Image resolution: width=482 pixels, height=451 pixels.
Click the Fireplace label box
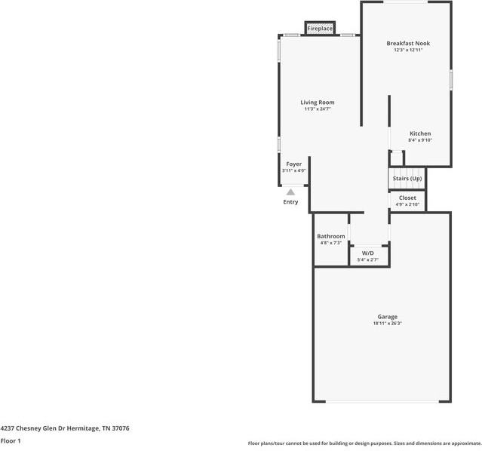click(x=320, y=29)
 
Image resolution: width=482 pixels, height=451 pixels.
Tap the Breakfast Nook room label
click(x=408, y=44)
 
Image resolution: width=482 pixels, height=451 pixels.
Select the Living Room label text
click(x=318, y=103)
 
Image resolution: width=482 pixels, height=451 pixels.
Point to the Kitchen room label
click(x=420, y=133)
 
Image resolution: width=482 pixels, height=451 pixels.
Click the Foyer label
click(x=293, y=164)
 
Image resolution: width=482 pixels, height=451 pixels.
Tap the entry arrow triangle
click(x=290, y=192)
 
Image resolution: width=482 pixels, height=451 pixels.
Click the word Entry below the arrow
click(x=290, y=202)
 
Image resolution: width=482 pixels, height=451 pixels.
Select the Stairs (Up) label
click(x=407, y=179)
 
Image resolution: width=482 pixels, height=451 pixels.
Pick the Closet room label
click(x=407, y=198)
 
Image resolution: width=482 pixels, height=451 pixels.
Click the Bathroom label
click(x=331, y=236)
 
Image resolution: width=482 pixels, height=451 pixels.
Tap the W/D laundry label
click(x=368, y=253)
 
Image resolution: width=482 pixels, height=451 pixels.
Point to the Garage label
click(x=388, y=317)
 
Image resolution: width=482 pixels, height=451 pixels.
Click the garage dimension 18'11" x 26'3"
click(x=388, y=324)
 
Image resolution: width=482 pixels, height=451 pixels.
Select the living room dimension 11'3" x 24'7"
click(x=318, y=109)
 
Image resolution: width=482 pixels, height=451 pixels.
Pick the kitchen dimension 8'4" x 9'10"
click(x=420, y=140)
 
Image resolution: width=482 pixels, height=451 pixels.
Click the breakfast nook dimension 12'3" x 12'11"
click(x=408, y=51)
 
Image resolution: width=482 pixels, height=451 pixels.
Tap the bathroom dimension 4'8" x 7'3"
click(x=331, y=243)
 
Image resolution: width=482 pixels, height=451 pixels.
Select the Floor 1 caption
click(x=11, y=440)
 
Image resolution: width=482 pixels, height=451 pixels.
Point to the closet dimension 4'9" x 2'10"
click(x=407, y=204)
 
